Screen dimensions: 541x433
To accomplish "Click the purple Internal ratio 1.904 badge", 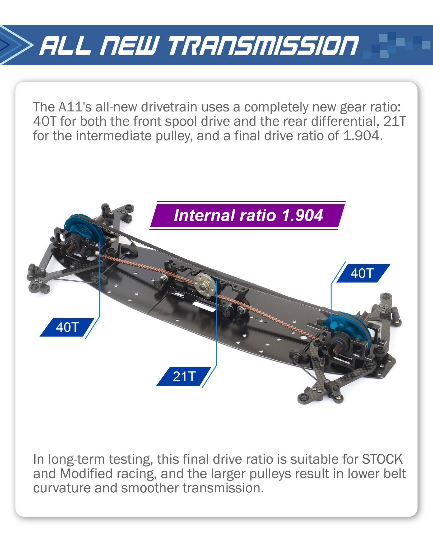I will (248, 215).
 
